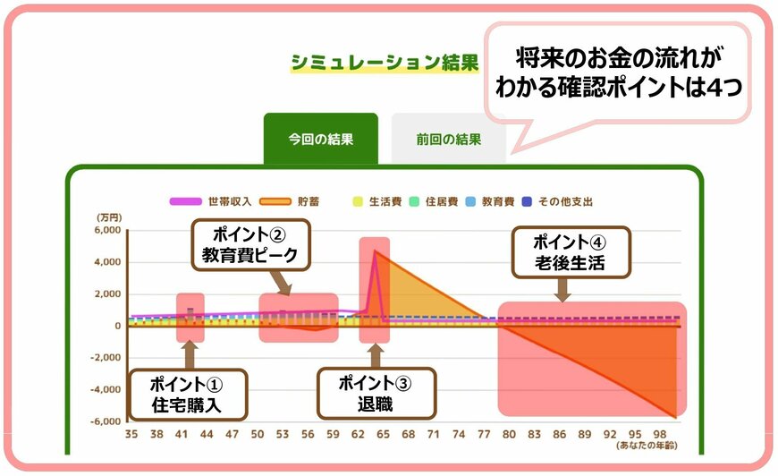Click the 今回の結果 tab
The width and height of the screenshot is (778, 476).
(320, 140)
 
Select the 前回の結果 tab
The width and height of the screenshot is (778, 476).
(448, 140)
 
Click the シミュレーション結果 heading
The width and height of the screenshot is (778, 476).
(384, 63)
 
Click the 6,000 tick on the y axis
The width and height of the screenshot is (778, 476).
(107, 230)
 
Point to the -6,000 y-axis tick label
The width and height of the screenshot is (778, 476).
(105, 421)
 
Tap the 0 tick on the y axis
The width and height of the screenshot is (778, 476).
(117, 326)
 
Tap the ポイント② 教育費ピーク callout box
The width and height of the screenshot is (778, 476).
(249, 245)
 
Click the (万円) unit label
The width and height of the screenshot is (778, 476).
(109, 217)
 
